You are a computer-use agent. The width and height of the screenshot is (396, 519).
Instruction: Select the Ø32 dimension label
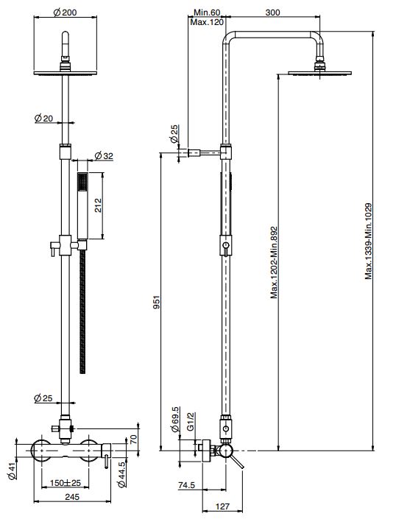point(104,155)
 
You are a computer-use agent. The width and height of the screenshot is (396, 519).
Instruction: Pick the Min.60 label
point(207,13)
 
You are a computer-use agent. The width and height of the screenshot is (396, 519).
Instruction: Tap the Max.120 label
point(206,23)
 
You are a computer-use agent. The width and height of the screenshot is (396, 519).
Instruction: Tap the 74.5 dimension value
point(185,485)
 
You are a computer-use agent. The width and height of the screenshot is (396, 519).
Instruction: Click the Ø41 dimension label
point(13,470)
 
